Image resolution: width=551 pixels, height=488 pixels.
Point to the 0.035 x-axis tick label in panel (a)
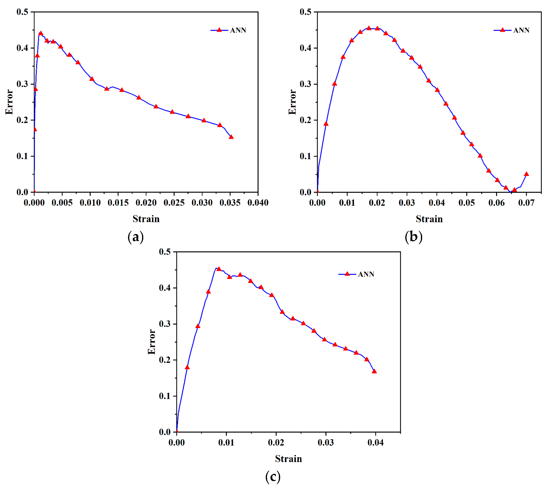tap(230, 203)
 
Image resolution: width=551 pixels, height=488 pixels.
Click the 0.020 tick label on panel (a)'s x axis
tap(146, 203)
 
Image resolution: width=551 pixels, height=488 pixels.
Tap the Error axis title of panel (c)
tap(152, 342)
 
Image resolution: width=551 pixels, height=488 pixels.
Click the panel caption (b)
tap(413, 237)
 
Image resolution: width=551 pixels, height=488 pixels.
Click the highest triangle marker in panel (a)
tap(41, 33)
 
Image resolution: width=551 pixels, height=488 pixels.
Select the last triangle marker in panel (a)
tap(231, 137)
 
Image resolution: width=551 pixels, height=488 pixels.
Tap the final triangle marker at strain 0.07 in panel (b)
tap(526, 174)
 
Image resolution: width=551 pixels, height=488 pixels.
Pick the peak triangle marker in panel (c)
tap(219, 269)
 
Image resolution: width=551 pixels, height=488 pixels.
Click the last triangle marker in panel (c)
tap(374, 371)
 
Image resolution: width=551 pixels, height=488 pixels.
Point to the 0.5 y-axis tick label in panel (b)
tap(305, 12)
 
